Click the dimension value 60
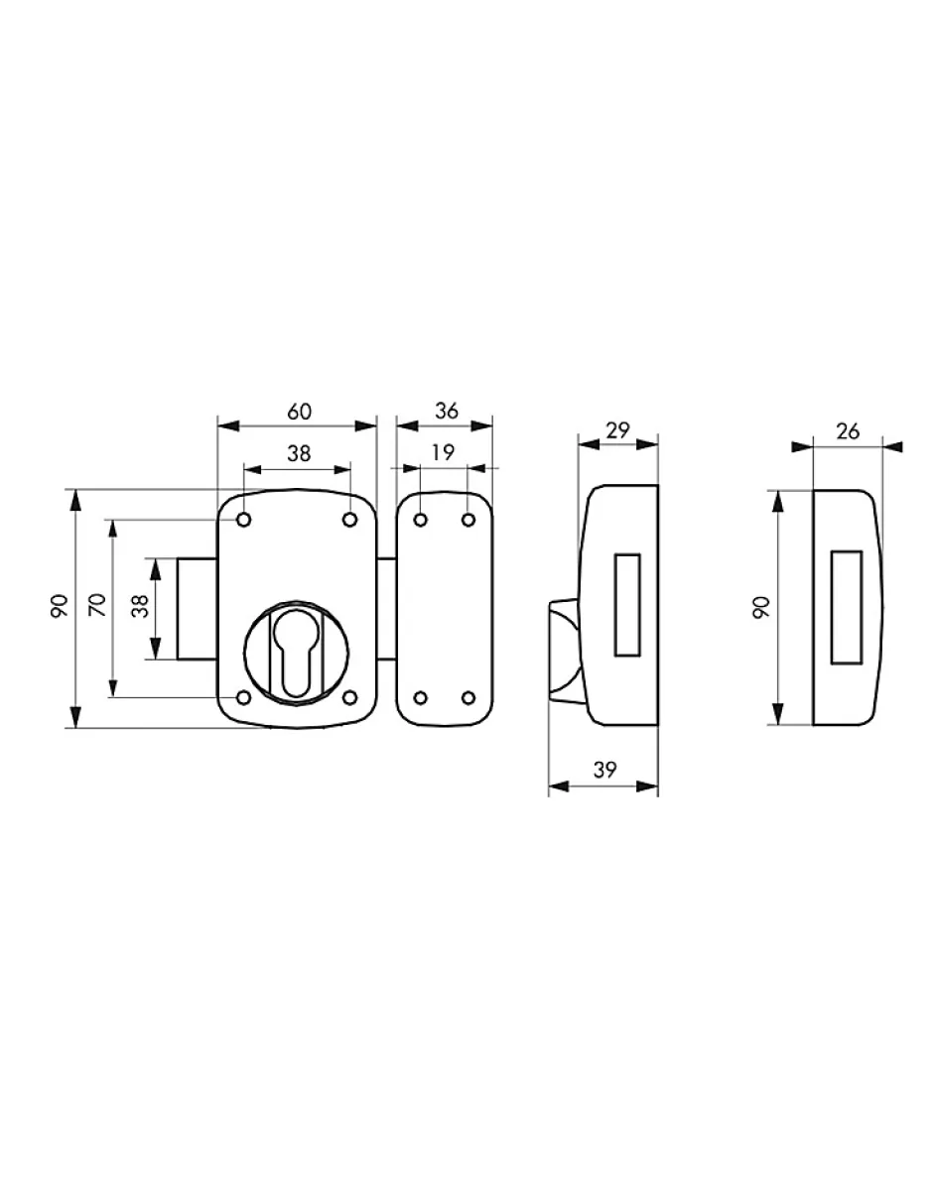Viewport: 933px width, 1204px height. coord(300,412)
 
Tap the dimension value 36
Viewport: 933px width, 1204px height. coord(447,412)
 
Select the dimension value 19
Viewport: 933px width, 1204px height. coord(443,452)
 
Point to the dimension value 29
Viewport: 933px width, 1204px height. coord(617,430)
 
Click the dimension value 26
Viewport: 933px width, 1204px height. coord(848,431)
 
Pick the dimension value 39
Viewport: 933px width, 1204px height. coord(604,770)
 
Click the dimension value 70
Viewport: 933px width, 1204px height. coord(97,605)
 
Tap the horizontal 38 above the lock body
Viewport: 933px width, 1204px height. coord(299,454)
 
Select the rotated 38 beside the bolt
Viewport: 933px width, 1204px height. coord(140,606)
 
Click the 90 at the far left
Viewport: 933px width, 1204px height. coord(59,606)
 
